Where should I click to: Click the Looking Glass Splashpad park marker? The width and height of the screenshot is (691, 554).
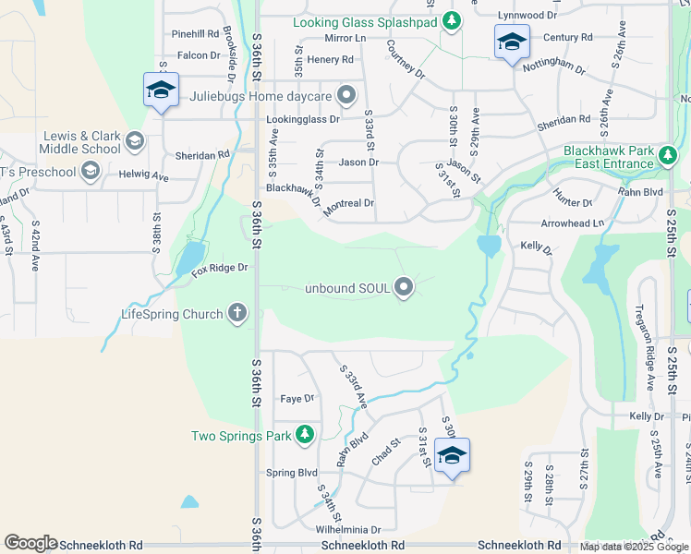(x=451, y=20)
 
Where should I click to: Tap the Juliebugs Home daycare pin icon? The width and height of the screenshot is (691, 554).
(x=346, y=95)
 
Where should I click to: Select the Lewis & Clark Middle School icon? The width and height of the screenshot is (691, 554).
(x=134, y=141)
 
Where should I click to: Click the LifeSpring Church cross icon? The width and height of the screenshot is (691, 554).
(x=237, y=313)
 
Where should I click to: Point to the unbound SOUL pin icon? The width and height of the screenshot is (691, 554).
(x=404, y=288)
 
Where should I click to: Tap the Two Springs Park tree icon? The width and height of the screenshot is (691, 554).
(x=305, y=435)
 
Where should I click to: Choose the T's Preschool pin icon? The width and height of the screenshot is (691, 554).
(x=91, y=171)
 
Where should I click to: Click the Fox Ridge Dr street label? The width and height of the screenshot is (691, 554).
(x=220, y=269)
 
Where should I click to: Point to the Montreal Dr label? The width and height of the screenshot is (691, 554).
(x=348, y=205)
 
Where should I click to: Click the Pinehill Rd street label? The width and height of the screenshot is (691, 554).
(x=193, y=34)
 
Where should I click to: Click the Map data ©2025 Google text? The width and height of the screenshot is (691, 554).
(x=635, y=547)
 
